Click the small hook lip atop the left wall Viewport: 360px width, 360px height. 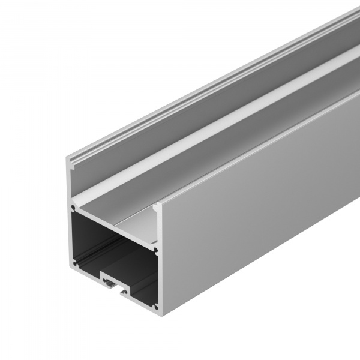(x=71, y=161)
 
